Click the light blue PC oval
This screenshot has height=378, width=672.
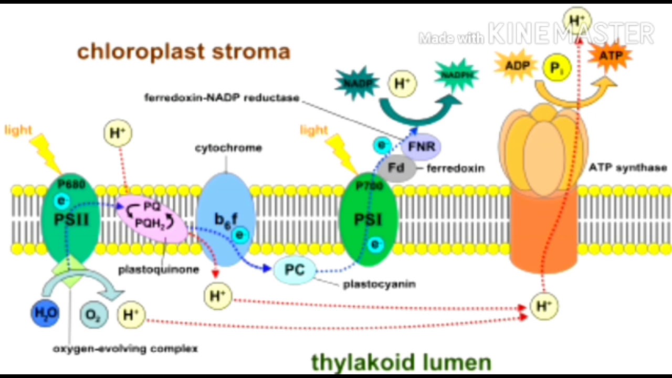[295, 270]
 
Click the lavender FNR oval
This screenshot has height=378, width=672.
[422, 146]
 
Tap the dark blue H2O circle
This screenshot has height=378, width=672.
[45, 313]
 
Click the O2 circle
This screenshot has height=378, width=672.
[94, 315]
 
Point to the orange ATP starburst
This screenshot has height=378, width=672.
[610, 56]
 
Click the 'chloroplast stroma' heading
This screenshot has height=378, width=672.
[183, 51]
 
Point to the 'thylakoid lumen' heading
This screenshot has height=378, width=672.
[401, 362]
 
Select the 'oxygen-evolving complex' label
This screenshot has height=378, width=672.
[125, 349]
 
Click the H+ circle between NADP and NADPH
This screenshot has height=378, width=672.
[402, 84]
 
